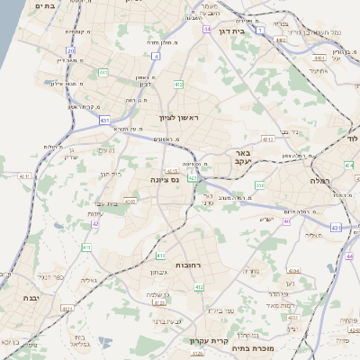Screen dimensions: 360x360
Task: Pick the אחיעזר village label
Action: [x=319, y=70]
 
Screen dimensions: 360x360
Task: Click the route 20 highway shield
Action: [x=71, y=50]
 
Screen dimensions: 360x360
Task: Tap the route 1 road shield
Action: [x=261, y=31]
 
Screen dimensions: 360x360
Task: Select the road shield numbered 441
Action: [x=104, y=72]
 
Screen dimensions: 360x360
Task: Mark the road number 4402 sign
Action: [x=281, y=40]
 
